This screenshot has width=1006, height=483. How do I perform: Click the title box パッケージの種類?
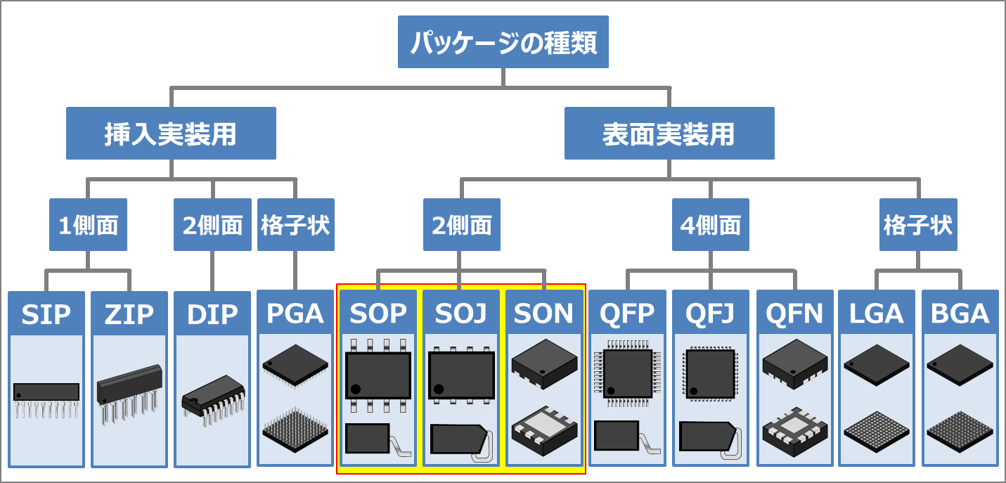503,43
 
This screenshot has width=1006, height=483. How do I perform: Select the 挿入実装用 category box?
171,134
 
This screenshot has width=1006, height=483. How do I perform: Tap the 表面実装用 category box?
669,134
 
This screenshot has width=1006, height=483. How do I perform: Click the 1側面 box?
88,225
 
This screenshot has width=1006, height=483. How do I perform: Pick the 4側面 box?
710,225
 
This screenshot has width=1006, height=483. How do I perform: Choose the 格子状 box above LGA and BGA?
917,225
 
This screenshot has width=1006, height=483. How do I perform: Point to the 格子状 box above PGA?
295,225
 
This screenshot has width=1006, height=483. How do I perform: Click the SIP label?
46,314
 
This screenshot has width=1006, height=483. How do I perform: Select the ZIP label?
129,314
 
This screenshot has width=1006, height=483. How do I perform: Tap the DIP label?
212,314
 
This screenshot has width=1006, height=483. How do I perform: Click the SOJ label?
461,314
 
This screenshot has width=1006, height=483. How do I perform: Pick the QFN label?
794,314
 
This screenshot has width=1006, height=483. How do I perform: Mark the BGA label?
960,314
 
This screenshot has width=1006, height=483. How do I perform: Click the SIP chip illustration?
46,401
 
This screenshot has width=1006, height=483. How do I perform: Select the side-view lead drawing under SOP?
376,439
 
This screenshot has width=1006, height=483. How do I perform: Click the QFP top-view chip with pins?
628,373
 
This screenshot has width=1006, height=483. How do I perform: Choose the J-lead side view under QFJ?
710,439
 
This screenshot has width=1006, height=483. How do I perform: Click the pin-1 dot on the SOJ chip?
439,389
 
